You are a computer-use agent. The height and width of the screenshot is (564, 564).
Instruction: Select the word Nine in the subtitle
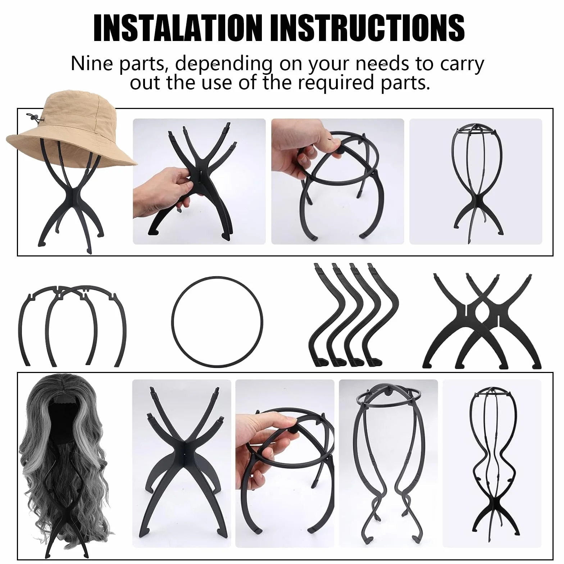click(x=92, y=63)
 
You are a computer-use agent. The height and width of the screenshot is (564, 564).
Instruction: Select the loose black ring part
click(x=217, y=322)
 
